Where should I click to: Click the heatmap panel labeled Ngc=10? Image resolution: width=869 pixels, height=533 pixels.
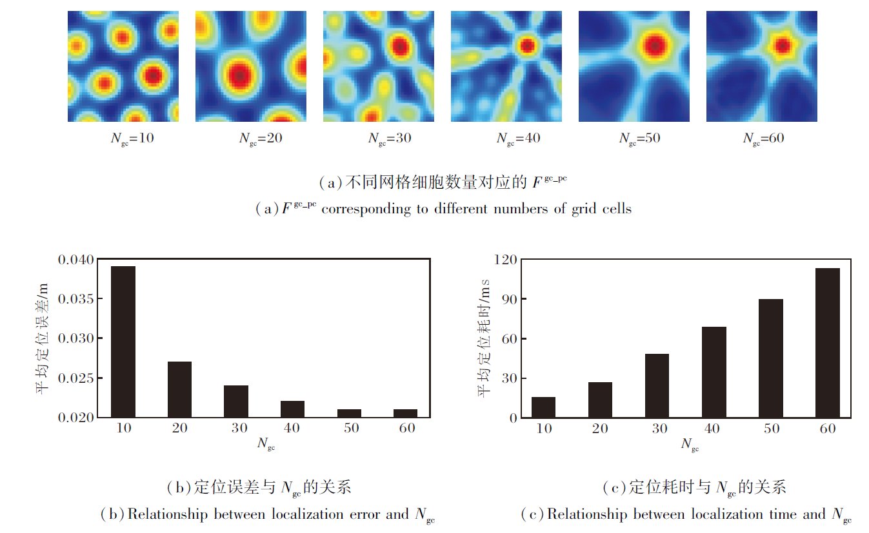pyautogui.click(x=123, y=66)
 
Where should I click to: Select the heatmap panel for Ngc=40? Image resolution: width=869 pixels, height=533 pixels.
pyautogui.click(x=506, y=66)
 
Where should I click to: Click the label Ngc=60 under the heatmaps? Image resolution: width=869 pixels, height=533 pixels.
pyautogui.click(x=764, y=139)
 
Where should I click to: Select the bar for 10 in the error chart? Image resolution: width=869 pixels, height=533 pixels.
pyautogui.click(x=123, y=342)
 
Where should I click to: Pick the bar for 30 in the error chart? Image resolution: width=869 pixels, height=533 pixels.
pyautogui.click(x=236, y=401)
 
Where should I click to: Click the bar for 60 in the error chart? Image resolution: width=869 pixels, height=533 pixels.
pyautogui.click(x=405, y=413)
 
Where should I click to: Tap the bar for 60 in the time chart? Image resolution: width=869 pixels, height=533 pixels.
pyautogui.click(x=828, y=343)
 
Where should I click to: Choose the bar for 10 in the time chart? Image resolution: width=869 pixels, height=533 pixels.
pyautogui.click(x=543, y=407)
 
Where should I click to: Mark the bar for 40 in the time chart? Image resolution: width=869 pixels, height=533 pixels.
pyautogui.click(x=714, y=373)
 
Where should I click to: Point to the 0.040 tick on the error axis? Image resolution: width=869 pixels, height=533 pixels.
pyautogui.click(x=76, y=260)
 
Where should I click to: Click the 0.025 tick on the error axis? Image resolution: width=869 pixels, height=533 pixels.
pyautogui.click(x=76, y=378)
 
